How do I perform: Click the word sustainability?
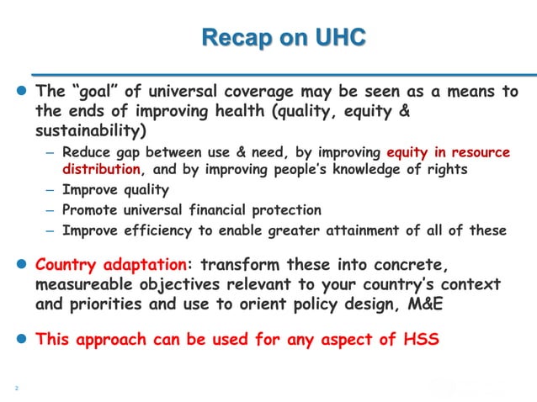[x=89, y=131]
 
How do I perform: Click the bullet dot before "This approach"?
[x=23, y=340]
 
